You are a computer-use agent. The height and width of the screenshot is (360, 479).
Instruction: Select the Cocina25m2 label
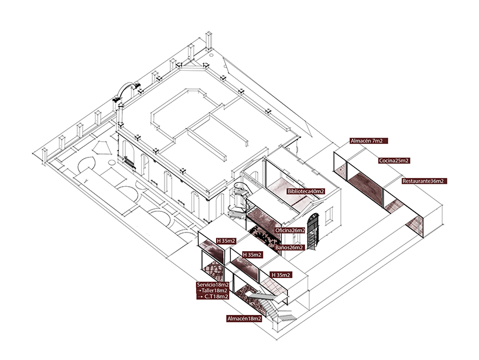[x=395, y=160]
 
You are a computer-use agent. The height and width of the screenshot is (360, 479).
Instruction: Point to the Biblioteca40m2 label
[x=306, y=191]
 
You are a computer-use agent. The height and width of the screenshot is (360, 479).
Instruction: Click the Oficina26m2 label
[x=290, y=230]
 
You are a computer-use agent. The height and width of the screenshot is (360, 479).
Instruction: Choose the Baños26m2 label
[x=289, y=247]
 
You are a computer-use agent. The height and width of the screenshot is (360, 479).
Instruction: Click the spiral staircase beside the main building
[x=239, y=202]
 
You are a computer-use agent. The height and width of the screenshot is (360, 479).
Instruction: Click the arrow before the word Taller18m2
[x=200, y=290]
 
